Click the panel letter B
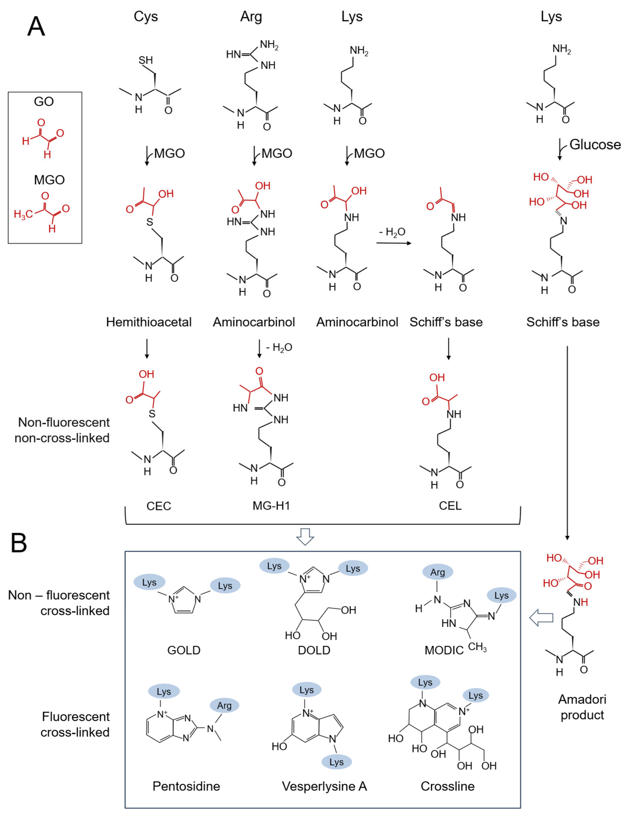pos(19,543)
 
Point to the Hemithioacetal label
pos(148,322)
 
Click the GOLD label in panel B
pos(184,650)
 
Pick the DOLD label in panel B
pos(314,650)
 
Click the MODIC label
pos(444,651)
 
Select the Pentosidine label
pos(186,786)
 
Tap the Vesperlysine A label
pos(324,786)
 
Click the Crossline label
pos(447,786)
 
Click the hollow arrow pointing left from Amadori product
pos(541,618)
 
